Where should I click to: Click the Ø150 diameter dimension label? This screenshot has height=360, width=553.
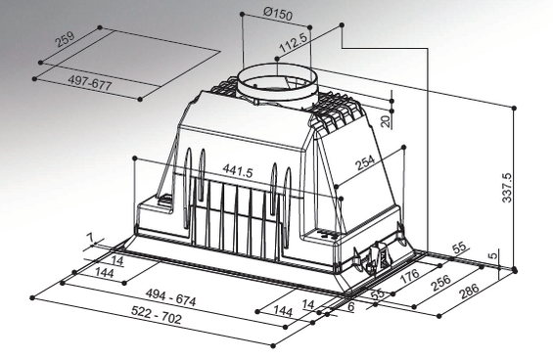click(x=278, y=14)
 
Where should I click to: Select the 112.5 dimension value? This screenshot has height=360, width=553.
click(x=294, y=43)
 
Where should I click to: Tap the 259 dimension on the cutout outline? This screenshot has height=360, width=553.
click(x=65, y=39)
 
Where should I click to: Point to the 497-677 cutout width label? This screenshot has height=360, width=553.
click(x=90, y=83)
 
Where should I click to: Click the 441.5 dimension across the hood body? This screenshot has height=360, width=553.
click(x=238, y=171)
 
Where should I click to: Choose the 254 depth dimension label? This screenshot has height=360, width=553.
click(x=365, y=162)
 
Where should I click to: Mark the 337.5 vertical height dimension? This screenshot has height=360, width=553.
click(x=507, y=188)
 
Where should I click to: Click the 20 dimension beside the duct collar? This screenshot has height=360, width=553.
click(x=387, y=121)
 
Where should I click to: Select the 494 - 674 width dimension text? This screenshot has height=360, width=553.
click(x=170, y=297)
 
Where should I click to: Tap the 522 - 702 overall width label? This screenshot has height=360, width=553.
click(x=157, y=315)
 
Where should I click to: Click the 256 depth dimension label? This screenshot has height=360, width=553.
click(x=440, y=283)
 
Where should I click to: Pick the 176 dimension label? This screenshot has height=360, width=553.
click(x=410, y=276)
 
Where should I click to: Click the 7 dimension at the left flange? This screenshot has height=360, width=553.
click(x=92, y=238)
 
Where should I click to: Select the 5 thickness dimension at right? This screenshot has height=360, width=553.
click(x=494, y=254)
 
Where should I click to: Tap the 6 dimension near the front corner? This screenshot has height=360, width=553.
click(x=350, y=307)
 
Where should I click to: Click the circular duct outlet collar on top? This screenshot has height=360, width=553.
click(x=277, y=85)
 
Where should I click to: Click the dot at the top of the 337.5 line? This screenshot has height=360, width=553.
click(x=514, y=108)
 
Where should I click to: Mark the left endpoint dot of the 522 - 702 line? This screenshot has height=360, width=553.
click(x=32, y=298)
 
